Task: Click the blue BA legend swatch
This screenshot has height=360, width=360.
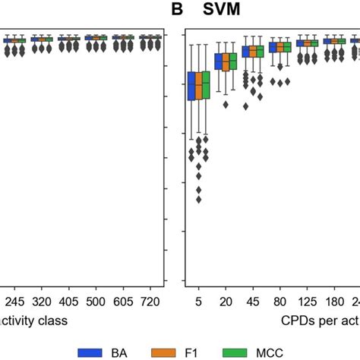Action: (x=93, y=352)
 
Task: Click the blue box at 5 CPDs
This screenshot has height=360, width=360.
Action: (x=191, y=85)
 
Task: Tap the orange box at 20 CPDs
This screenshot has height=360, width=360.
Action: (x=226, y=62)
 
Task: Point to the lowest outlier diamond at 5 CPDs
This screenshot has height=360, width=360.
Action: (x=199, y=200)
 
